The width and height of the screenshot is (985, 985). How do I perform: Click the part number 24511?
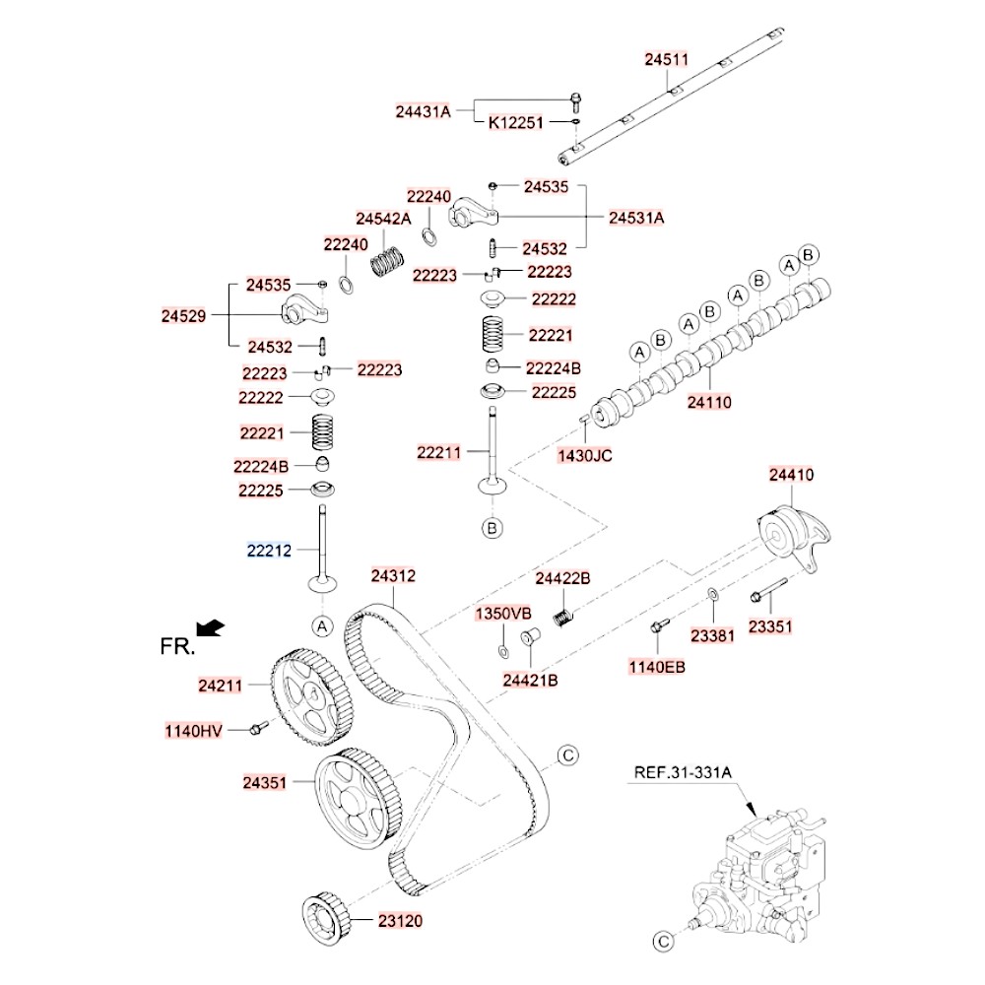[x=667, y=60]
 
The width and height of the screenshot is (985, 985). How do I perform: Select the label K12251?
[x=516, y=125]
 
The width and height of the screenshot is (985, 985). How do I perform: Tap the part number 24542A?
[x=383, y=219]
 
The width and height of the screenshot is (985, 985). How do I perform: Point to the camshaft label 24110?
[x=709, y=402]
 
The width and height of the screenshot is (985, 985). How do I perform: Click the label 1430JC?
[x=585, y=455]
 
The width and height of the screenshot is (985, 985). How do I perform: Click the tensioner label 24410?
[x=792, y=476]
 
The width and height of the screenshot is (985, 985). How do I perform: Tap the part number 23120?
[x=399, y=921]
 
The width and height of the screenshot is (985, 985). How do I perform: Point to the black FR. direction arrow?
[x=210, y=627]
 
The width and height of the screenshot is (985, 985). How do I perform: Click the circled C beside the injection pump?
[x=664, y=940]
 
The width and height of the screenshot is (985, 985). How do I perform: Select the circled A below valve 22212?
[x=322, y=625]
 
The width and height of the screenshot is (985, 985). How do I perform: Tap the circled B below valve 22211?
[x=492, y=529]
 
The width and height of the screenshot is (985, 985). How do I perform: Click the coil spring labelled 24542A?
[x=388, y=261]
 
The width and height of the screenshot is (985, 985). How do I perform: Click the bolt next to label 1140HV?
[x=258, y=728]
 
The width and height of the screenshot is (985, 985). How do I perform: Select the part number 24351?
[x=266, y=784]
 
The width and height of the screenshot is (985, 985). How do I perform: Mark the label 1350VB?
[x=504, y=614]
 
